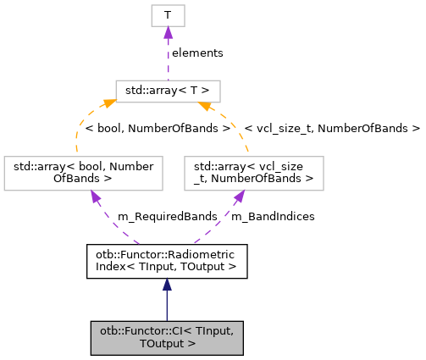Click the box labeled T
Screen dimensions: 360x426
tap(168, 15)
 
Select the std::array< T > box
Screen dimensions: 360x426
tap(168, 91)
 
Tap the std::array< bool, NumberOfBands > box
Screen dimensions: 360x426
tap(82, 172)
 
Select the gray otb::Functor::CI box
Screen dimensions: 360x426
tap(167, 337)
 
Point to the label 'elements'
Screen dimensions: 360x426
tap(197, 53)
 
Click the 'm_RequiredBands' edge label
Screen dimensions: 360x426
tap(157, 217)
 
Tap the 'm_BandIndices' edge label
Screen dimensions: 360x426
tap(273, 217)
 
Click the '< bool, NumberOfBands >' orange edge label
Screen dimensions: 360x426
tap(158, 129)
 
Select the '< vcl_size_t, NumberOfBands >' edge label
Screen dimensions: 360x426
tap(332, 129)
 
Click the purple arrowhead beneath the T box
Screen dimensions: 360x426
tap(168, 32)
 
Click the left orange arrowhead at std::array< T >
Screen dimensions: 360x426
tap(110, 104)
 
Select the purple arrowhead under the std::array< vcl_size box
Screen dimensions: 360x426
tap(240, 197)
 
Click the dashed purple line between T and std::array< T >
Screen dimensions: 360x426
tap(168, 59)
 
